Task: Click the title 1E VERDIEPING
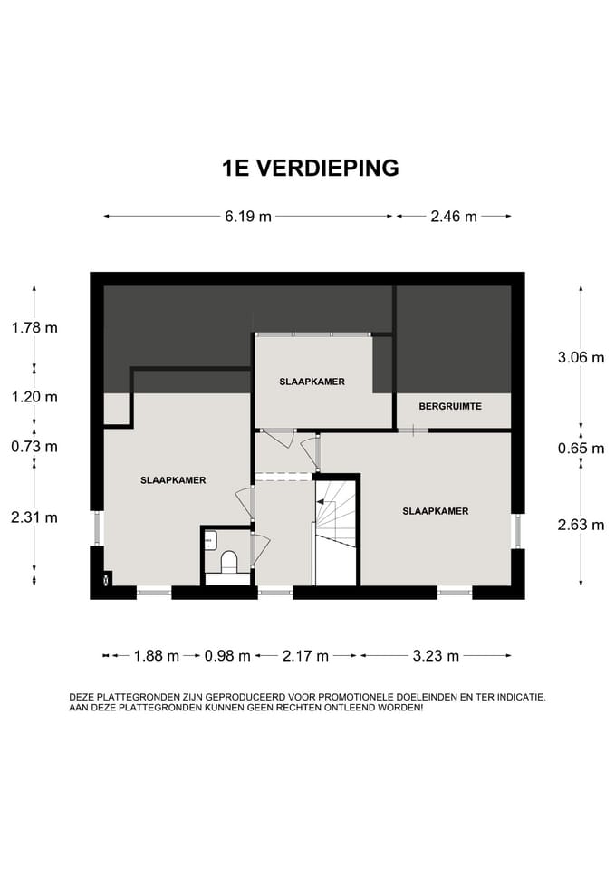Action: click(x=310, y=168)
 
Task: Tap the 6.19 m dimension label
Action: click(x=248, y=216)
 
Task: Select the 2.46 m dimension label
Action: click(x=454, y=216)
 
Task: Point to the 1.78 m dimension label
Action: click(x=34, y=327)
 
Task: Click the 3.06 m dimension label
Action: click(x=581, y=357)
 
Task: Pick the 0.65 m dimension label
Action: click(x=581, y=448)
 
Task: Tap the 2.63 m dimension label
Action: click(x=581, y=525)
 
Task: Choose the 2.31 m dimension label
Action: click(x=34, y=517)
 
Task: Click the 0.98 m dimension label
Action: click(x=227, y=656)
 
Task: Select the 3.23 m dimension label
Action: click(x=436, y=656)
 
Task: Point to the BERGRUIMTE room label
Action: click(x=450, y=406)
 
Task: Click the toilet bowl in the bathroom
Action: click(x=228, y=562)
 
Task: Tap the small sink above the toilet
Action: click(x=210, y=539)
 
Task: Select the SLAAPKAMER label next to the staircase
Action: click(x=436, y=511)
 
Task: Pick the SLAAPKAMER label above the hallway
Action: click(x=312, y=382)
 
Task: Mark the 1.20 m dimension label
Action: click(x=34, y=397)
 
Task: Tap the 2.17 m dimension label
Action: click(x=305, y=656)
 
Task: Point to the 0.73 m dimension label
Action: click(x=34, y=447)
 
